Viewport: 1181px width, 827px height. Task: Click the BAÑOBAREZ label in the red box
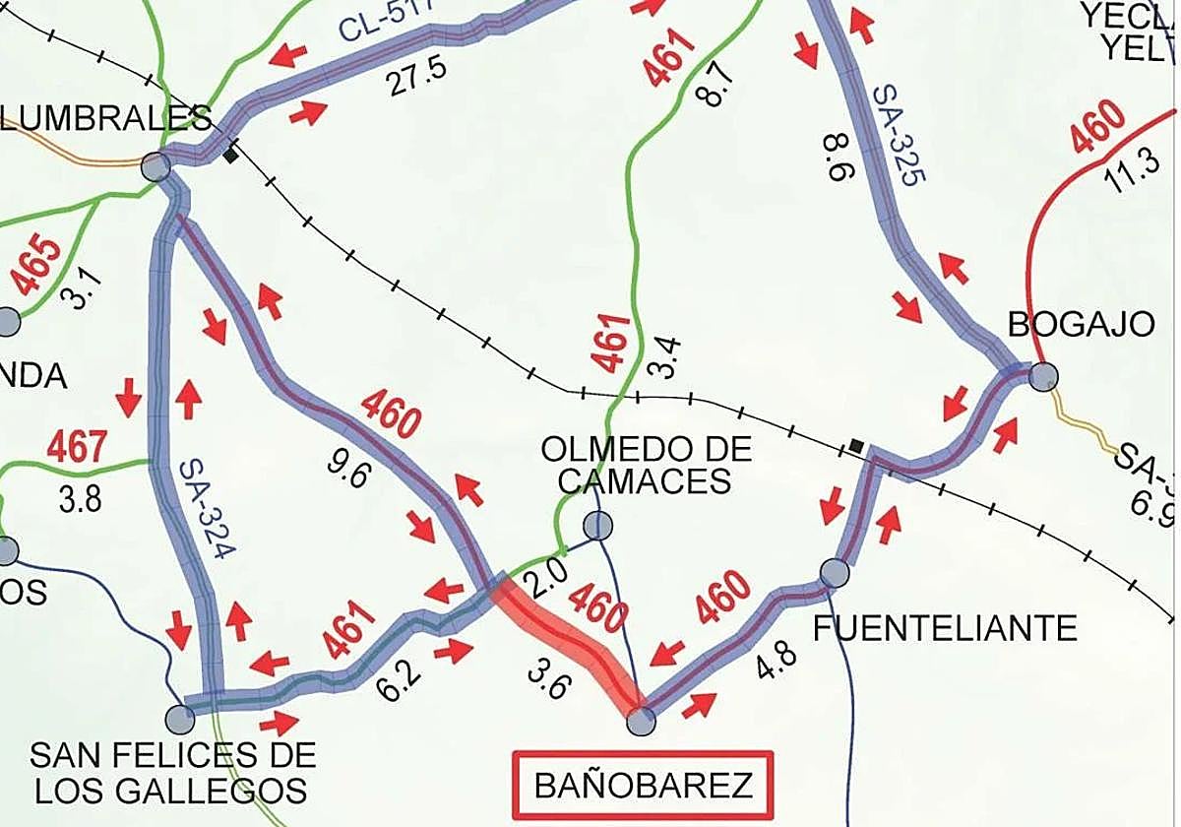(x=643, y=786)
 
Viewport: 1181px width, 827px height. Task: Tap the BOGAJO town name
(x=1081, y=324)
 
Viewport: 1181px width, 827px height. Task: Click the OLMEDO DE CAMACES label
(x=646, y=465)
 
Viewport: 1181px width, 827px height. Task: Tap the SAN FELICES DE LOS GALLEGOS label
(x=173, y=772)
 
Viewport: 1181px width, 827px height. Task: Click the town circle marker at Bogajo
(x=1043, y=376)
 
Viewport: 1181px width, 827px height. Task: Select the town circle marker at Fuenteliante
(x=835, y=572)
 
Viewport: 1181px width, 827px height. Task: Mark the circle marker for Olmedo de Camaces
(x=597, y=526)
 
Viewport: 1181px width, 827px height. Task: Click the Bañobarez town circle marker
(x=641, y=723)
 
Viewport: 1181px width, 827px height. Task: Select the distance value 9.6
(x=351, y=476)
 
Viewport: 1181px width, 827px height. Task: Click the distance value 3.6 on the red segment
(x=546, y=678)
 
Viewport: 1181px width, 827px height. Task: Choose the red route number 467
(x=76, y=447)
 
